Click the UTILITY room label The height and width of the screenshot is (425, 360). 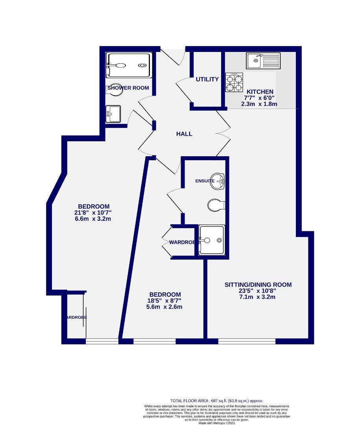tap(207, 79)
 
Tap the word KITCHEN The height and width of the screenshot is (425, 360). tap(260, 92)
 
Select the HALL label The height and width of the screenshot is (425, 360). tap(184, 134)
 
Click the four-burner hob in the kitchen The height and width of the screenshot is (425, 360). tap(234, 83)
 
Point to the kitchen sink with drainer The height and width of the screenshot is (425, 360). tap(263, 61)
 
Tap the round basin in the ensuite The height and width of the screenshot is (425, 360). tap(218, 181)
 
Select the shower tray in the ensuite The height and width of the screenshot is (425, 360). tap(212, 240)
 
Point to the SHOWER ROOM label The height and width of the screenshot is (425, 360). tap(128, 88)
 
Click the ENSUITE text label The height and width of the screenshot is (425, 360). tap(205, 181)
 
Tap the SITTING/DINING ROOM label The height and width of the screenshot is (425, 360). tap(258, 285)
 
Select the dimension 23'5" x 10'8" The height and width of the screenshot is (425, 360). tap(258, 291)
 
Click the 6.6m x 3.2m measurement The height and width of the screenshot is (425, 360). tap(94, 219)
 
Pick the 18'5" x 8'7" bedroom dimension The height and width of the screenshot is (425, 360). tap(165, 301)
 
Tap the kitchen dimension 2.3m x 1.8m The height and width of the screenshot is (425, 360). tap(260, 104)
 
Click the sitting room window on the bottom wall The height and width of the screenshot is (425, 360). tap(247, 341)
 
